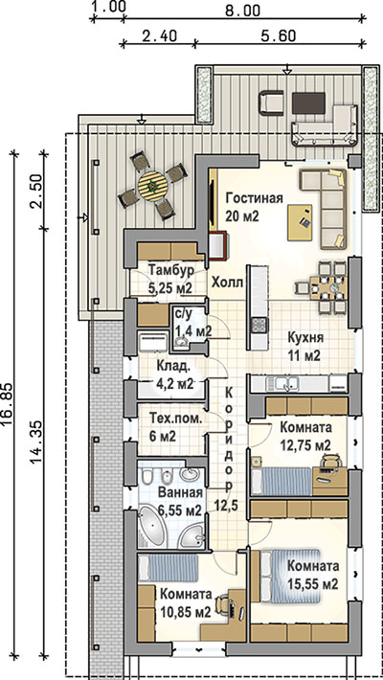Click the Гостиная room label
(254, 198)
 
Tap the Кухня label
(304, 338)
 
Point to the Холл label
(226, 283)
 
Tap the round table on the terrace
(152, 186)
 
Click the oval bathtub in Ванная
(153, 529)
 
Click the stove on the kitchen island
(259, 324)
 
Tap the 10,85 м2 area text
(185, 612)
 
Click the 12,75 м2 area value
(305, 445)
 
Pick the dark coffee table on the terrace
(309, 102)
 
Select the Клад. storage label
(173, 368)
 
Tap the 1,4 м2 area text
(193, 331)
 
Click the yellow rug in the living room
(300, 222)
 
